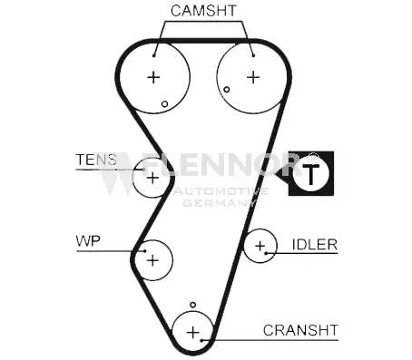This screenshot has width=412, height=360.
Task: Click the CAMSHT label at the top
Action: (x=203, y=11)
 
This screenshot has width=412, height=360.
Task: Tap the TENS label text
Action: (x=96, y=160)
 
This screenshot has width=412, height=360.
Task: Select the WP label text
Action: (x=88, y=241)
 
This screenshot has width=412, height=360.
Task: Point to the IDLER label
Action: (x=315, y=245)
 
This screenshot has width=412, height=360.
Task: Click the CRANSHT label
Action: (x=300, y=330)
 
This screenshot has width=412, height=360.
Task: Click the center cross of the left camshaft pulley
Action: (x=153, y=77)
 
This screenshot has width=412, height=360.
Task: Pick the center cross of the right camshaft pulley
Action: (x=253, y=77)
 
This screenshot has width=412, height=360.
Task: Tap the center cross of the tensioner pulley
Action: (x=152, y=178)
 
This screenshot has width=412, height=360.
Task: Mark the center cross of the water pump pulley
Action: (x=152, y=260)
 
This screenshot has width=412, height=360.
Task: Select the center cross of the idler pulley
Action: (x=260, y=246)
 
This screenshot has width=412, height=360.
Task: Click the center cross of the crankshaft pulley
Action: (x=193, y=333)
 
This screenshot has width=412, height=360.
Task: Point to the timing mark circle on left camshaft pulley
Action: (x=164, y=104)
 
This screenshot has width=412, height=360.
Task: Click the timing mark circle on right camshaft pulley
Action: (x=226, y=90)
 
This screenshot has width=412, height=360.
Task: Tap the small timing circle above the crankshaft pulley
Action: (x=192, y=305)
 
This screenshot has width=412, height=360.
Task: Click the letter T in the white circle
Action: (x=310, y=175)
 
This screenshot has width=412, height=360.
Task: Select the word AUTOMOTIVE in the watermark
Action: (x=221, y=191)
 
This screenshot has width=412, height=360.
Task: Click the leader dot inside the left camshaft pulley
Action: (x=153, y=55)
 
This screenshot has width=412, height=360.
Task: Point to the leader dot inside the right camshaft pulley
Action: (x=253, y=55)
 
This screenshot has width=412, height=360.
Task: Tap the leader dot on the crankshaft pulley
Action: (x=201, y=341)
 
